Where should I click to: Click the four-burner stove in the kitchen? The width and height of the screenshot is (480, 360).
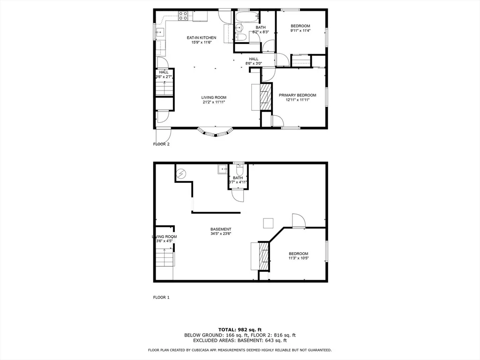click(x=183, y=16)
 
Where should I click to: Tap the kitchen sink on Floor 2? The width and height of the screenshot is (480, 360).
click(x=159, y=32)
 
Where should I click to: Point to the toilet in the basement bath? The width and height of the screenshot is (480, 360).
click(x=240, y=169)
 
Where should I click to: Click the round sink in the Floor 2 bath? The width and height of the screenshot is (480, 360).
click(x=239, y=28)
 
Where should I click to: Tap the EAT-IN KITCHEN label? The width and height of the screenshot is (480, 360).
click(x=202, y=37)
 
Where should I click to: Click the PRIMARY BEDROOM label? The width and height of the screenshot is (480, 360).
click(x=297, y=95)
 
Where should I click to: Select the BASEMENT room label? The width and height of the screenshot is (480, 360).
click(x=221, y=229)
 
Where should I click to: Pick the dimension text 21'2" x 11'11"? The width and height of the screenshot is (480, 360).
click(x=214, y=102)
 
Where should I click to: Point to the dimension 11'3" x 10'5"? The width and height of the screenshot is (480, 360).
click(x=298, y=258)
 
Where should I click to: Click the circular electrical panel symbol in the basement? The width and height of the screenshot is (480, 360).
click(x=181, y=173)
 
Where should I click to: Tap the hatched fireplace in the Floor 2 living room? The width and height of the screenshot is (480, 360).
click(x=265, y=97)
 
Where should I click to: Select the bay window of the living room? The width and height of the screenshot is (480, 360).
click(x=216, y=132)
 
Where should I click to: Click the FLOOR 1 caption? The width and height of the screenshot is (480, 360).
click(x=161, y=297)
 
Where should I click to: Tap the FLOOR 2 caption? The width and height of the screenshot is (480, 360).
click(x=161, y=144)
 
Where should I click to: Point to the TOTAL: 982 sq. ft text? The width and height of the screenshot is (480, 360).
click(x=240, y=330)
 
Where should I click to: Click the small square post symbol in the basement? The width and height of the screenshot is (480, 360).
click(x=268, y=223)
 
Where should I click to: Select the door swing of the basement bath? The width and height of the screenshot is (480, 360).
click(x=238, y=195)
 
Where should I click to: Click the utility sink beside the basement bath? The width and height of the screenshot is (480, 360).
click(x=223, y=169)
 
